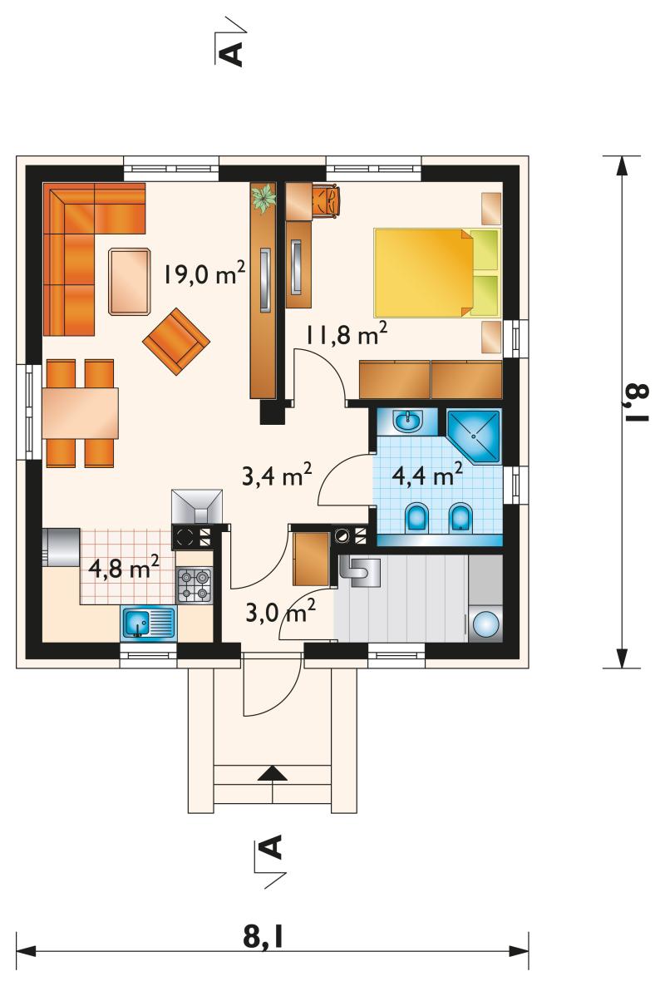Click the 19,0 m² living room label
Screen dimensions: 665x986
click(204, 274)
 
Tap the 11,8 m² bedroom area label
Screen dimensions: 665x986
click(347, 334)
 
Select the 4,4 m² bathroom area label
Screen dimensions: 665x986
click(428, 474)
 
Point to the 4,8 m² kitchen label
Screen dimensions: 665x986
click(124, 568)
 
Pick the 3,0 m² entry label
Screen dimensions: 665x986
click(280, 610)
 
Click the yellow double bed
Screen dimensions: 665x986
click(437, 273)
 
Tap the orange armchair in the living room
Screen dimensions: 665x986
click(176, 341)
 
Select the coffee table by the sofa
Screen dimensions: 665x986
click(130, 281)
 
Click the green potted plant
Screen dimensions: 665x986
click(264, 198)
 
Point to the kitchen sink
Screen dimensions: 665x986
click(148, 624)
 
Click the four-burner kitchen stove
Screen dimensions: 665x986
click(195, 585)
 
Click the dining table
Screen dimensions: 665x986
click(81, 412)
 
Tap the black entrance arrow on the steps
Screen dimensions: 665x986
click(273, 774)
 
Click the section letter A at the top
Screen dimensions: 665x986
click(232, 54)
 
